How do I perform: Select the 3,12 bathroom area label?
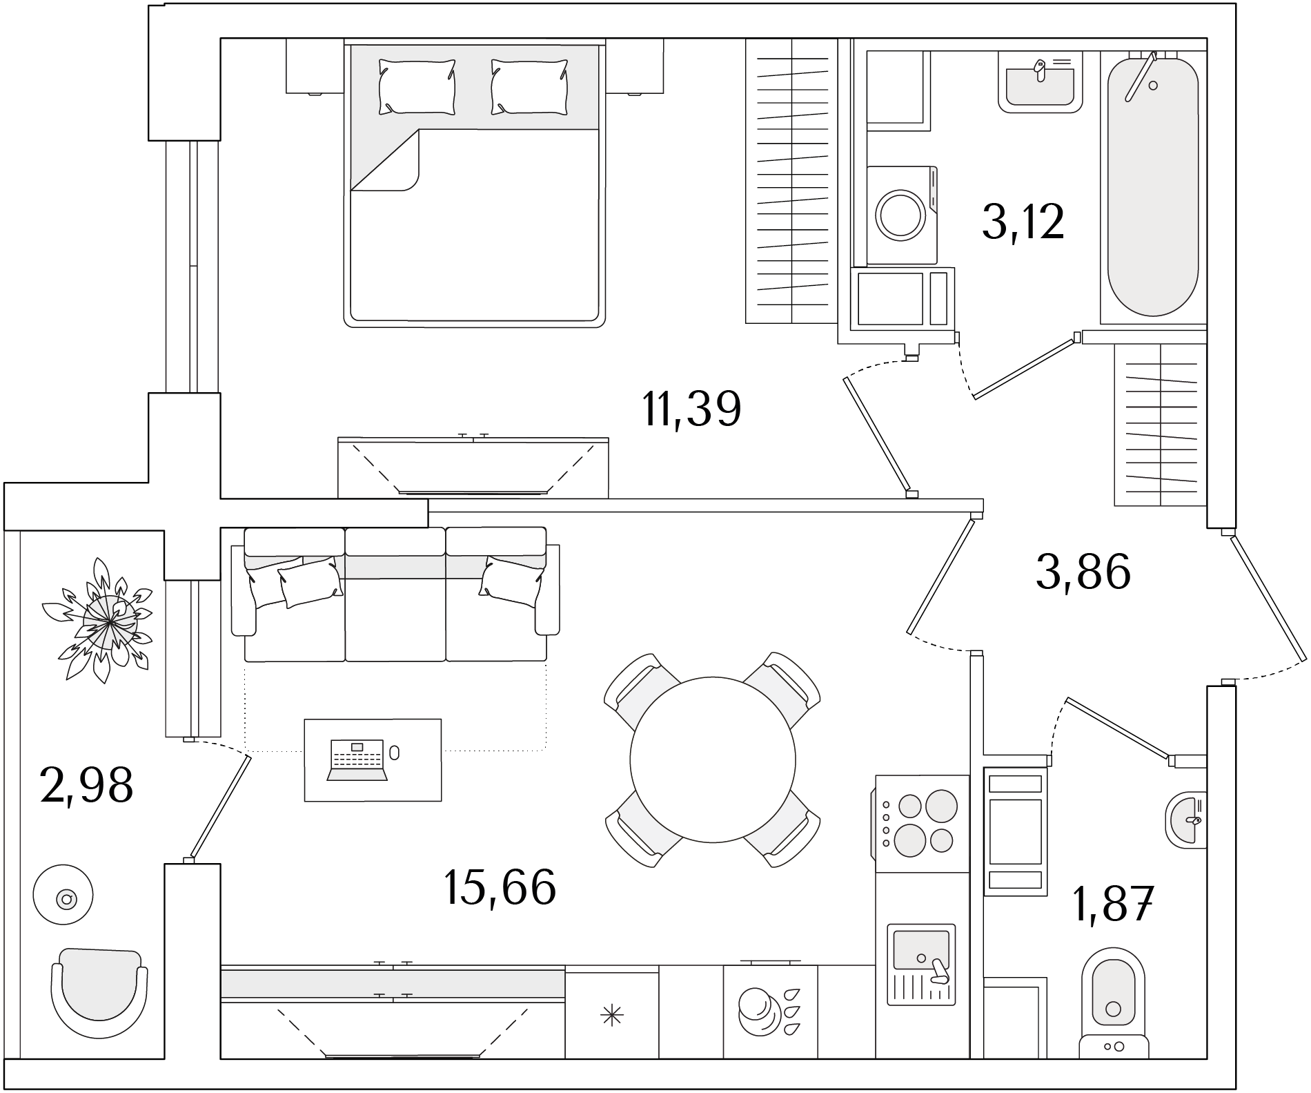(1023, 222)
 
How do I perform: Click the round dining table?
(713, 760)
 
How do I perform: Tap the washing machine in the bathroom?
(903, 215)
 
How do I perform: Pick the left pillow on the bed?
(417, 86)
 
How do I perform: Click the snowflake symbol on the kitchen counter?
(612, 1015)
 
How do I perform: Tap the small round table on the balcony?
(63, 893)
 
